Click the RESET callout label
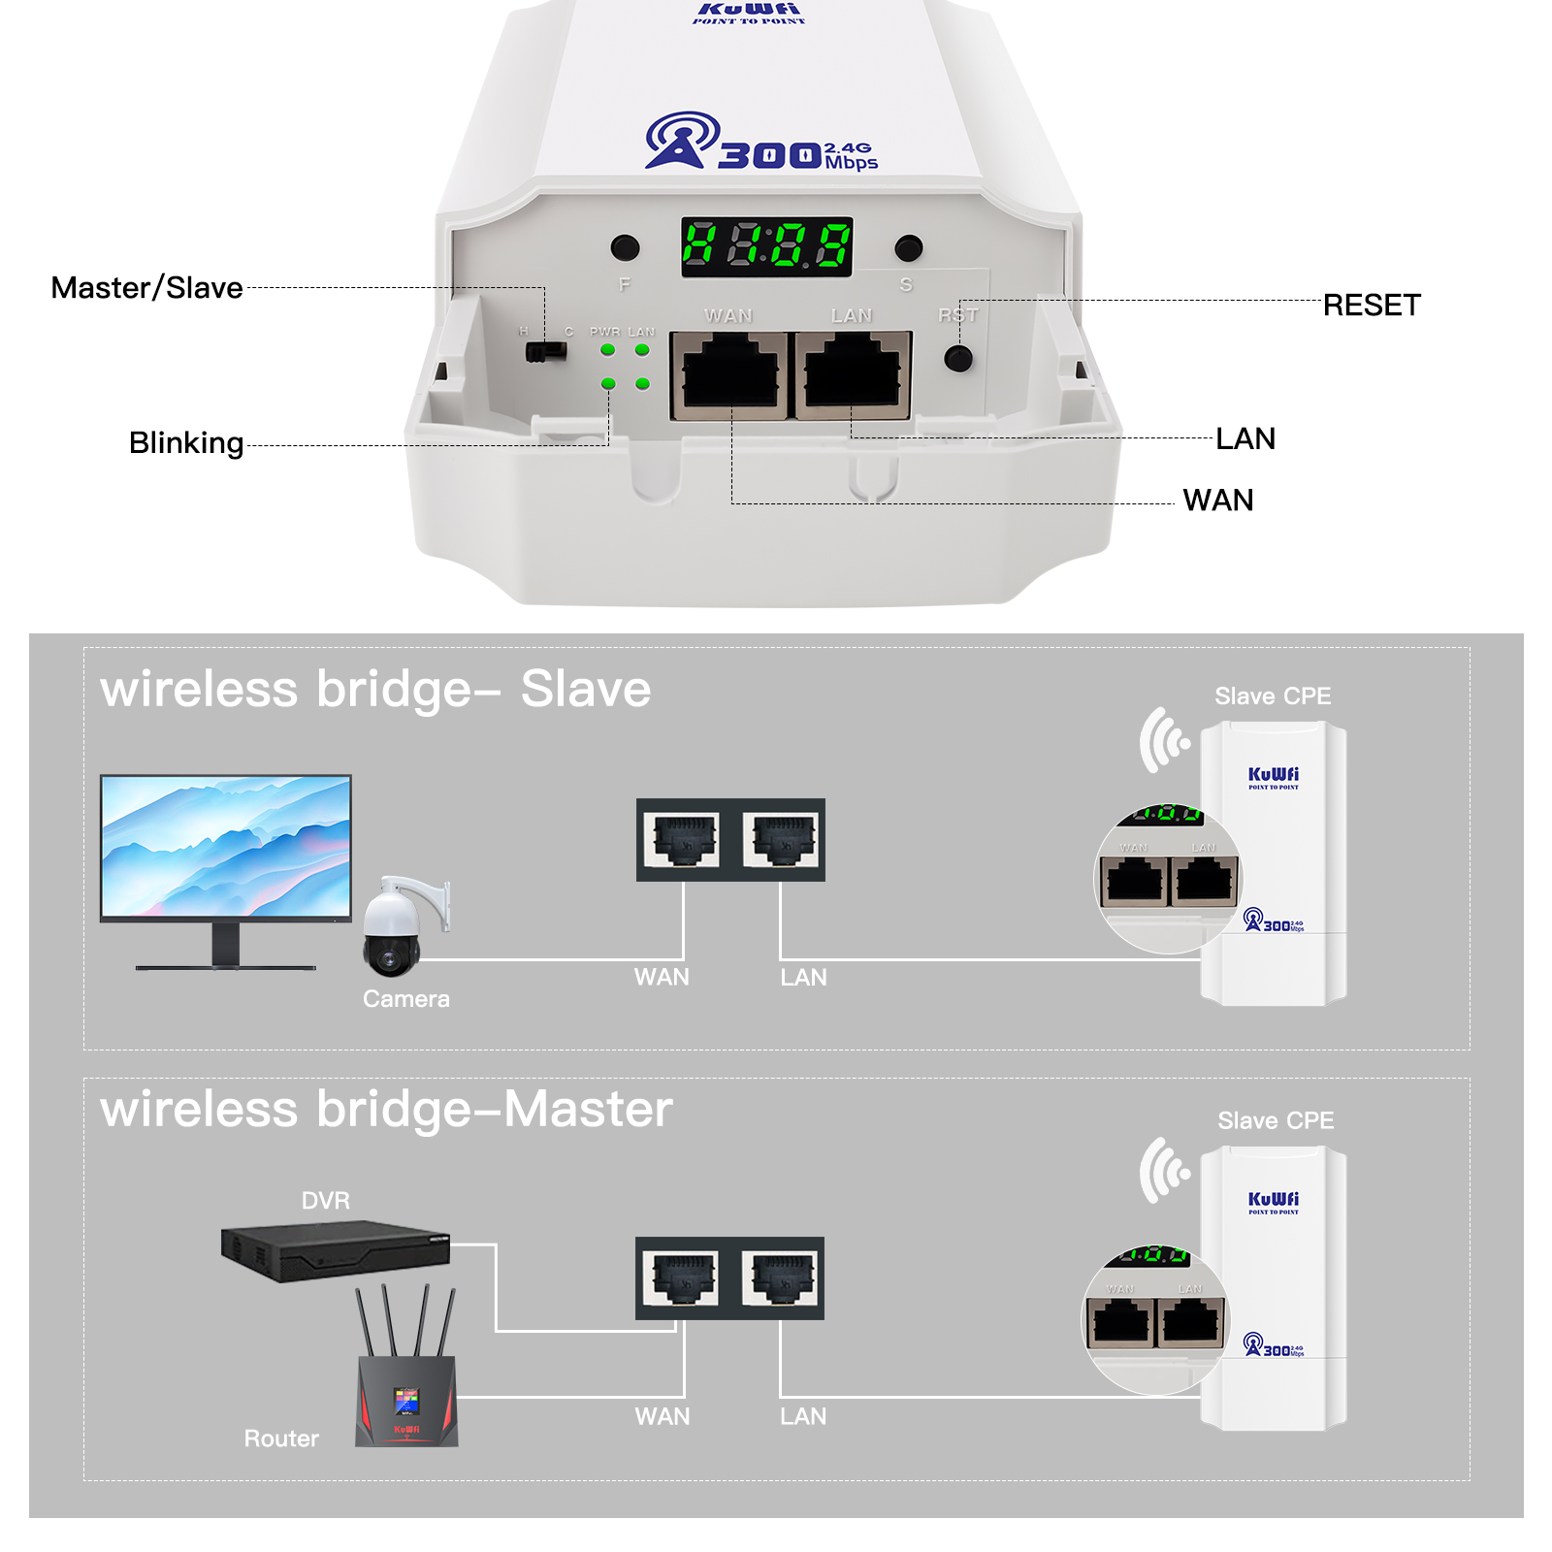coord(1371,306)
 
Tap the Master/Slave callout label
coord(146,288)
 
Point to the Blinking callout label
coord(186,443)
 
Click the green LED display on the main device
coord(766,246)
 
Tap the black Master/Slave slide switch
coord(545,350)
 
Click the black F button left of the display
coord(625,247)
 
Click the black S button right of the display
coord(908,248)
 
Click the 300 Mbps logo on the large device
coord(762,145)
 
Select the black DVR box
coord(334,1251)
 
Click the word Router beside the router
coord(281,1439)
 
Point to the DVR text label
coord(326,1201)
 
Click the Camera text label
coord(406,999)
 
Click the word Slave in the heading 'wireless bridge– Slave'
coord(586,690)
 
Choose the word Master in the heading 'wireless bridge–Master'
coord(588,1110)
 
